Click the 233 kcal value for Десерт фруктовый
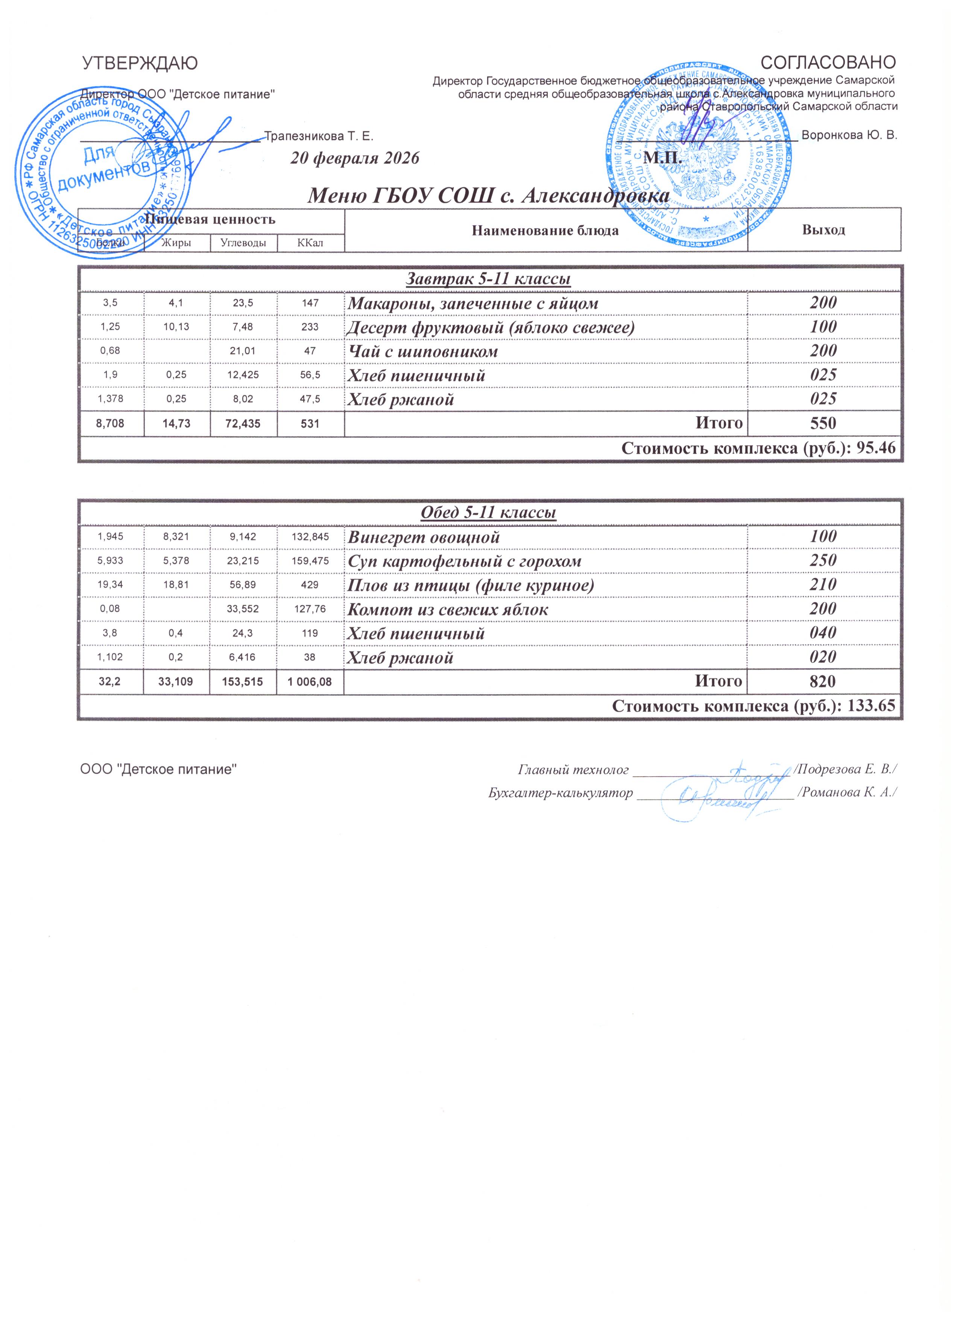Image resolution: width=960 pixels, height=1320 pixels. [310, 327]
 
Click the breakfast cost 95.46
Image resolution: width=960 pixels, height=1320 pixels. [876, 449]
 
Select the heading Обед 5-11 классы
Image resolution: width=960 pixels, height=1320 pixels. [488, 513]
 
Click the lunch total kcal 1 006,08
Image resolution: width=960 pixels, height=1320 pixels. [310, 681]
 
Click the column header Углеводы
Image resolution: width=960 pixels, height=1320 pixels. [243, 243]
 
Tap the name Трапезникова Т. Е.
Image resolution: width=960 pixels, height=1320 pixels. [319, 136]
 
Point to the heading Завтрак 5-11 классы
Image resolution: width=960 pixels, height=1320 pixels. [488, 279]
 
